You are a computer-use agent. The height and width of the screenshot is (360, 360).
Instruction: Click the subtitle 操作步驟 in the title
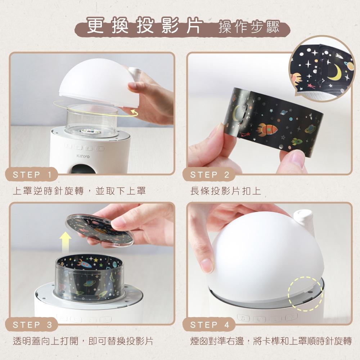coord(249,28)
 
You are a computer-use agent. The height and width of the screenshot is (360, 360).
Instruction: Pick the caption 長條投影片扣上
coord(226,191)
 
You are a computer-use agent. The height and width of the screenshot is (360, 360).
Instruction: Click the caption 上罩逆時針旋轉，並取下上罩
coord(79,191)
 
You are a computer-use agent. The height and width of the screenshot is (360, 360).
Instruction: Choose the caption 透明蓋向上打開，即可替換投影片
coord(83,341)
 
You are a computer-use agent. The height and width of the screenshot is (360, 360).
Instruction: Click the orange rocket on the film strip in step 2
coord(267,128)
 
